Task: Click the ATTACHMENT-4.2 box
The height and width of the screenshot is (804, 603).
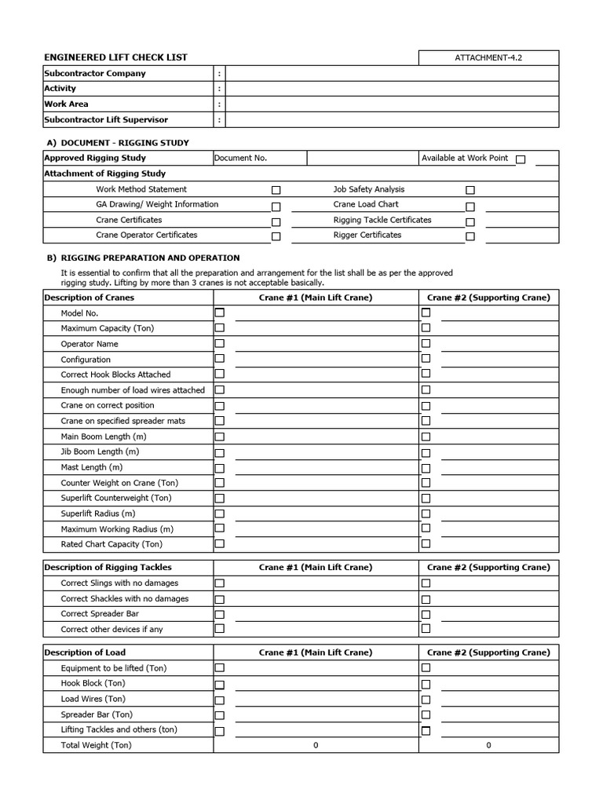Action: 488,58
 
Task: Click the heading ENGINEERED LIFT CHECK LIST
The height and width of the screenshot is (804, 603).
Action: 115,58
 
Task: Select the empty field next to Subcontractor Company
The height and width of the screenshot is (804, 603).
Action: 392,74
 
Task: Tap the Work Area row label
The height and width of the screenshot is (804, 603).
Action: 67,104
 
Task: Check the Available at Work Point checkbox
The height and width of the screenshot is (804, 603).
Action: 521,159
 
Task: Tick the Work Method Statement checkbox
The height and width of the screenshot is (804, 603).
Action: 276,190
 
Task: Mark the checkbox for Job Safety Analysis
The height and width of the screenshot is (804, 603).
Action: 470,190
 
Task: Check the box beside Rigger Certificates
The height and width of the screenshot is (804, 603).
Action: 470,236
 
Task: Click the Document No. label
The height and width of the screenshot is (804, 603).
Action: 241,158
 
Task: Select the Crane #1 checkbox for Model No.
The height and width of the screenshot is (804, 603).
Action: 220,312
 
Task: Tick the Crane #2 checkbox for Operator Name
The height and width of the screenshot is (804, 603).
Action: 426,344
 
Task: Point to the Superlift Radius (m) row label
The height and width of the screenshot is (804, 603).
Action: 98,513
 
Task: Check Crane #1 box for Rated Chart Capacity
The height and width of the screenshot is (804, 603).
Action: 220,543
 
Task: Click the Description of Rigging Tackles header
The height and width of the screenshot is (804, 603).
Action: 108,567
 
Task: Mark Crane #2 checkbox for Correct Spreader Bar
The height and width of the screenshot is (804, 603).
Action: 426,614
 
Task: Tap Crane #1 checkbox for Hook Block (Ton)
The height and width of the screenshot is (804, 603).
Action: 220,684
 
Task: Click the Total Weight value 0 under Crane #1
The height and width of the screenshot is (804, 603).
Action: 316,745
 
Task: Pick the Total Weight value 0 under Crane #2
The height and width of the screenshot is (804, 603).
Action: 488,745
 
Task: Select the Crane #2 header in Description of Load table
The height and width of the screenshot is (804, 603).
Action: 488,652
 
